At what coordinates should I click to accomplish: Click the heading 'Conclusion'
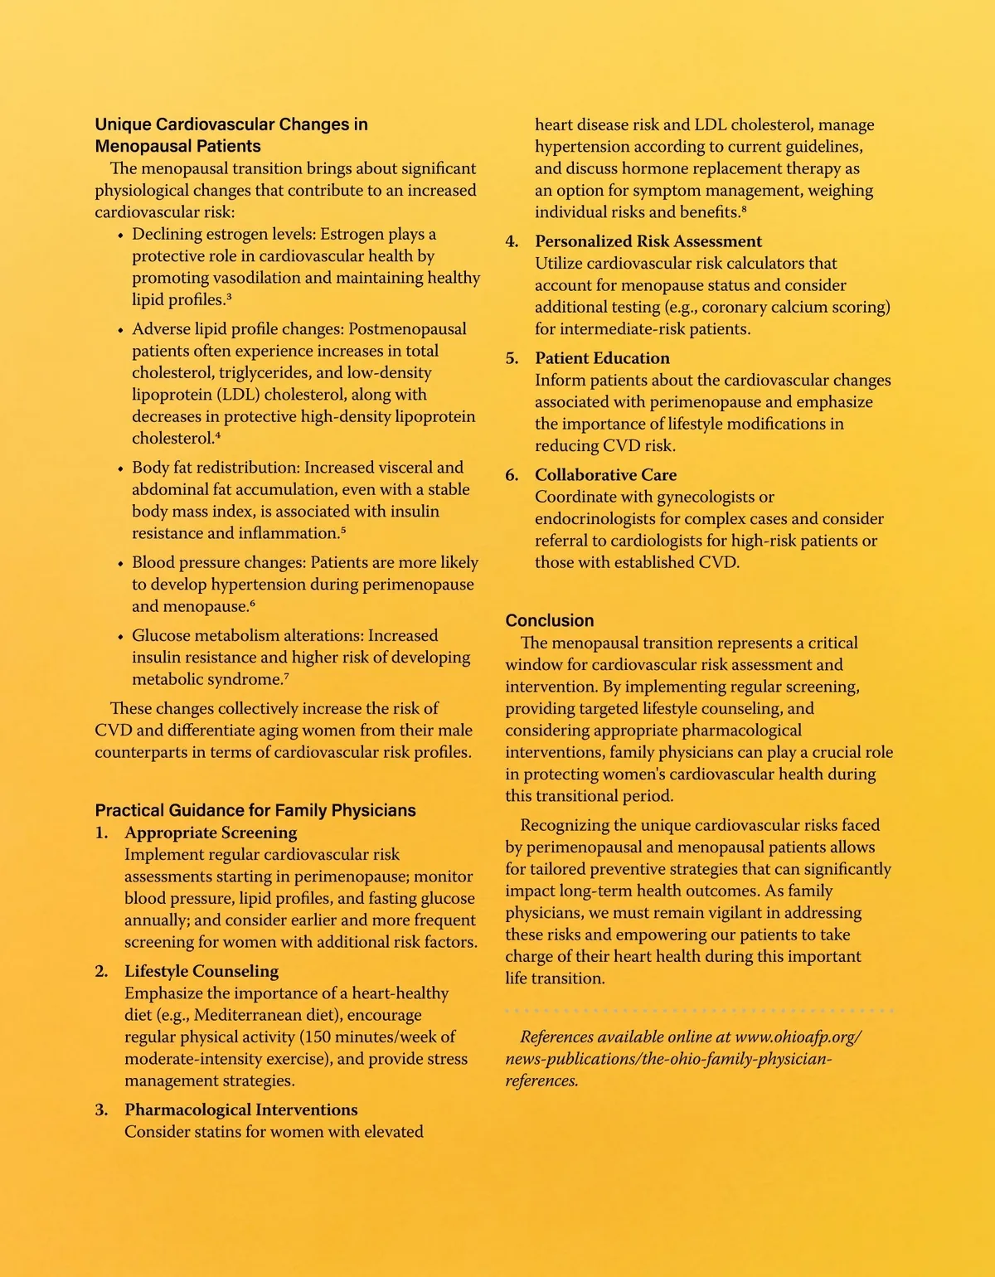pos(550,620)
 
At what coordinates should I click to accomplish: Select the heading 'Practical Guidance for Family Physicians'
pos(255,810)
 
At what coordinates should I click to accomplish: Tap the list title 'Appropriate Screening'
pos(211,833)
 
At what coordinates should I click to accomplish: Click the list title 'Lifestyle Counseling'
pos(201,971)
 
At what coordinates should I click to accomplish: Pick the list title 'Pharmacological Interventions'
pos(241,1109)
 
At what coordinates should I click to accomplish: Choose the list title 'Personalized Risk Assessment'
pos(648,241)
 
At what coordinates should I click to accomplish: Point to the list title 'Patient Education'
pos(602,358)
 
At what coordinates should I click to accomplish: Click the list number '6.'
pos(512,475)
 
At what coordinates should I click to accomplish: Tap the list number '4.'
pos(512,241)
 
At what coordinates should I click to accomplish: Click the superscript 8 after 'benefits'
pos(744,209)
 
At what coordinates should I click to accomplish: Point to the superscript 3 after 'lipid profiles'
pos(229,297)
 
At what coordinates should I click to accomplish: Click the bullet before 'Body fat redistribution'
pos(121,469)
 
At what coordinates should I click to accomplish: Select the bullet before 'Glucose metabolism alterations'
pos(121,637)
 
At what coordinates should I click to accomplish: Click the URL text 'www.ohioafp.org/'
pos(798,1037)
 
